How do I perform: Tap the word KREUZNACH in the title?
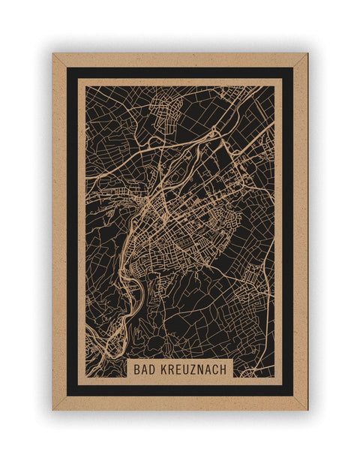pos(193,369)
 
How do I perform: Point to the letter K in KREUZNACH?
pos(163,369)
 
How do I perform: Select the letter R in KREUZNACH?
pos(171,369)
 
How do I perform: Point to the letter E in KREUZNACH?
pos(178,369)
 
